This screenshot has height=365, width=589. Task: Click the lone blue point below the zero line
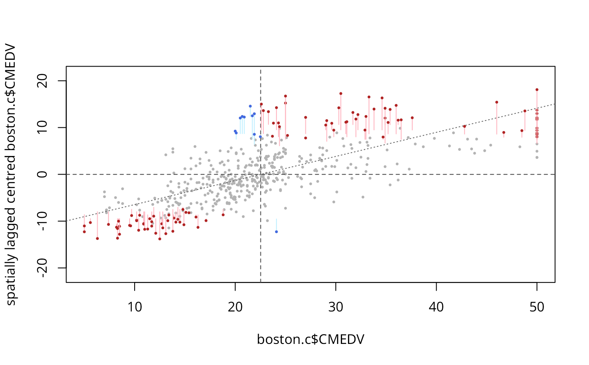point(276,232)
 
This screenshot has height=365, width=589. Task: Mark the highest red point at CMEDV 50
point(537,89)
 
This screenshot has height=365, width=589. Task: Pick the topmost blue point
point(250,106)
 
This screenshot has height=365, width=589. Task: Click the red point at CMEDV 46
point(497,102)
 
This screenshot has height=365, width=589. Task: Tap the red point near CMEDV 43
point(464,126)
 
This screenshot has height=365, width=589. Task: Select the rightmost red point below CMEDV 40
point(412,118)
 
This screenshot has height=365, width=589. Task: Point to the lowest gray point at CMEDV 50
point(537,157)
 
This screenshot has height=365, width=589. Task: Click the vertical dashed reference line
point(261,253)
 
